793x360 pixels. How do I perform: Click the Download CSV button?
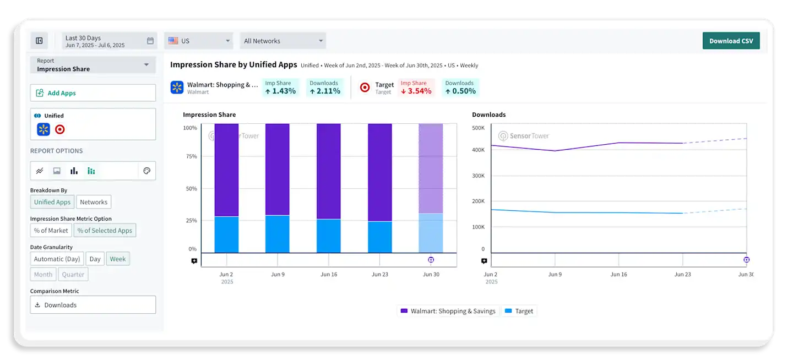click(x=731, y=41)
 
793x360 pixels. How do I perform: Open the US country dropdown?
click(x=199, y=41)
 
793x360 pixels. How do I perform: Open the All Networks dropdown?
click(x=283, y=41)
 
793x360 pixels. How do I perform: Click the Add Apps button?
click(x=93, y=93)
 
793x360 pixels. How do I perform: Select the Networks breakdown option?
click(x=94, y=202)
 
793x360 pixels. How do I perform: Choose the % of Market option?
click(x=51, y=231)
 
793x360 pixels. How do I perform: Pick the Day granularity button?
click(x=95, y=259)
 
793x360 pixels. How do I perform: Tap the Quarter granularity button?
click(x=73, y=274)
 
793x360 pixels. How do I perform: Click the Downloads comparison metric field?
click(x=93, y=305)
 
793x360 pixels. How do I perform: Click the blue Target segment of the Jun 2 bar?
click(x=226, y=234)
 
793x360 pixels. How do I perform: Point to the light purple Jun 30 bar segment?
click(x=431, y=168)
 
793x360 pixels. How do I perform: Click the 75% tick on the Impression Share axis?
click(x=191, y=156)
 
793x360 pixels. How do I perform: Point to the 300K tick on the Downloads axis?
click(x=478, y=176)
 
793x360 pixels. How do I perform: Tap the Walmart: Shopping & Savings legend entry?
click(x=448, y=311)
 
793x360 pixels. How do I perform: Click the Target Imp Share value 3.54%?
click(x=416, y=91)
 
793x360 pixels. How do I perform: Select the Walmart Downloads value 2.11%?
click(x=324, y=91)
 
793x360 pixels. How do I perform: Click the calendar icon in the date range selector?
click(x=150, y=41)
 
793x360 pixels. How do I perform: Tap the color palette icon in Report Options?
click(x=147, y=171)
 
